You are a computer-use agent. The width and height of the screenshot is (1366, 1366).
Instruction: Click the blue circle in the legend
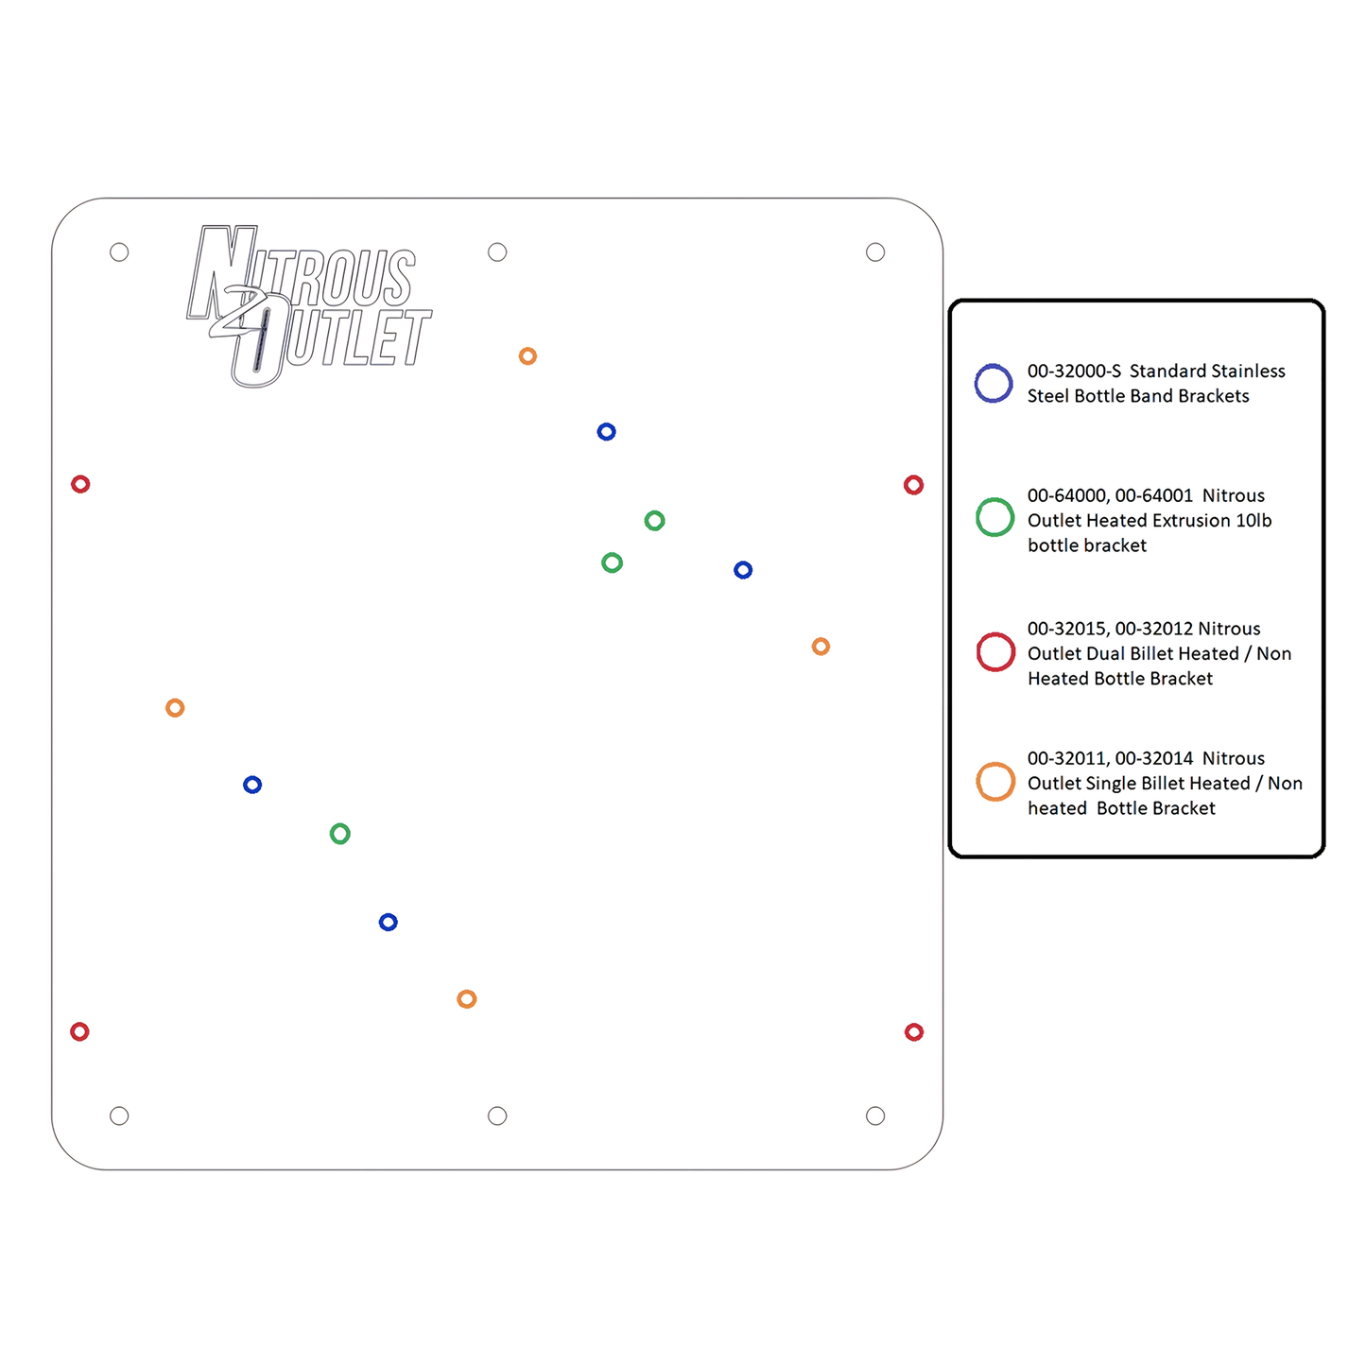[x=976, y=384]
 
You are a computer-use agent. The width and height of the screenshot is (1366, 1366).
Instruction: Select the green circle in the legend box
[x=977, y=517]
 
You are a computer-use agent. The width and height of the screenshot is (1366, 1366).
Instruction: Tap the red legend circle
[x=977, y=651]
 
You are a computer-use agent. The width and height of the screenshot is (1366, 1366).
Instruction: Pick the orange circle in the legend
[x=977, y=781]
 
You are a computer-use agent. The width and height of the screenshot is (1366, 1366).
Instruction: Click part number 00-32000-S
[x=1074, y=371]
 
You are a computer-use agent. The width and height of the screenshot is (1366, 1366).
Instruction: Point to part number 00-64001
[x=1153, y=495]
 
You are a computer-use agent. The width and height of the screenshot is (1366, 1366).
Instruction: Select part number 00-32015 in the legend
[x=1067, y=629]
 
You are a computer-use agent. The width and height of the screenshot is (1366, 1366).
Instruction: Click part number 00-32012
[x=1153, y=629]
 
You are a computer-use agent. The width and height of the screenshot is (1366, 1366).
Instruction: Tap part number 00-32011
[x=1067, y=758]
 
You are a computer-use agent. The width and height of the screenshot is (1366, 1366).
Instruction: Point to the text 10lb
[x=1254, y=520]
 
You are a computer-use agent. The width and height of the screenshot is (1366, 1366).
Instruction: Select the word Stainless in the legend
[x=1242, y=371]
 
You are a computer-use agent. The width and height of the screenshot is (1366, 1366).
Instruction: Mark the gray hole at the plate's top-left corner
[x=119, y=251]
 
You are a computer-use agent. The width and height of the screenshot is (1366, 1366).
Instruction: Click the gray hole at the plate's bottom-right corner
[x=874, y=1115]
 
